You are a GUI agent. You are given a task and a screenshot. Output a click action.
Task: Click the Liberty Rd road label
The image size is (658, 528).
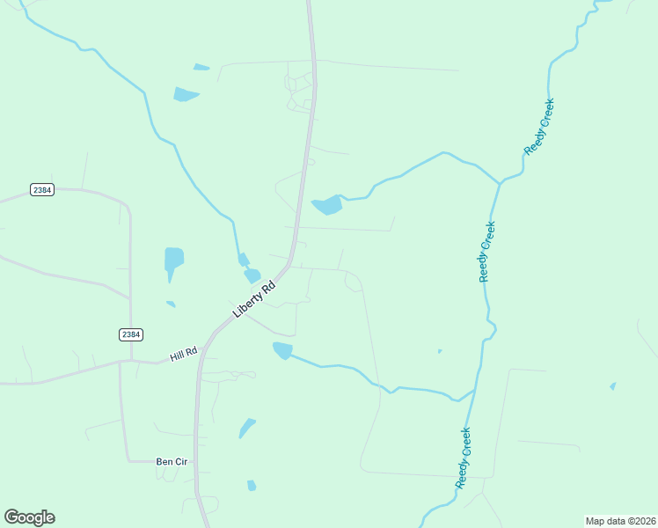coord(254,299)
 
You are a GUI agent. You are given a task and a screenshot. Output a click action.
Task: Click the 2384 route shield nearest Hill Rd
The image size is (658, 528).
coord(131,334)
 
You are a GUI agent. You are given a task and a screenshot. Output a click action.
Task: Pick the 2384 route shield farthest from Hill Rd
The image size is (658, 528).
coord(41,189)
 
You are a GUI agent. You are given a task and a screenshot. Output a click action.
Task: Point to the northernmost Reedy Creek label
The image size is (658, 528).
coord(539,127)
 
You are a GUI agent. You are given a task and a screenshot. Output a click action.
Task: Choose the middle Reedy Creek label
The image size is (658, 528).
coord(487,252)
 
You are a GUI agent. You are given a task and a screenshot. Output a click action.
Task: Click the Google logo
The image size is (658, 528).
coord(29,517)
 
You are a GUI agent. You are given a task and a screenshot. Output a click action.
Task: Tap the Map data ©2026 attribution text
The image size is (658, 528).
coord(620,521)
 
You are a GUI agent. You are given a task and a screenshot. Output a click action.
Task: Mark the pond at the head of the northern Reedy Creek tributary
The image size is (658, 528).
coord(327,205)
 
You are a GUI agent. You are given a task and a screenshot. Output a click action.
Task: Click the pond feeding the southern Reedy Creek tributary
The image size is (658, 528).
coord(282,350)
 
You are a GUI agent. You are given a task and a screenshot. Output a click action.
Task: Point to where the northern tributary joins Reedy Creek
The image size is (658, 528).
coord(500,183)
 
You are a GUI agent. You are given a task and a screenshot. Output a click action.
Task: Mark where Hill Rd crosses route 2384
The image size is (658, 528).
coord(130,360)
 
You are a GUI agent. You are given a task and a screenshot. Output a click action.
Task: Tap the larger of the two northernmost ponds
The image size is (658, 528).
coord(186,94)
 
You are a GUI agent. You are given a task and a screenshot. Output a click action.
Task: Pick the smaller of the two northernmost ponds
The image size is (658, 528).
coord(201,67)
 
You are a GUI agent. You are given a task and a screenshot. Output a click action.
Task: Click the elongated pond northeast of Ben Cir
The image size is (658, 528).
coord(247,428)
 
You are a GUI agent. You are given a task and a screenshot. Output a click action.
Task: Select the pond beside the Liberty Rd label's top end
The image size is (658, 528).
coord(252,275)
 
